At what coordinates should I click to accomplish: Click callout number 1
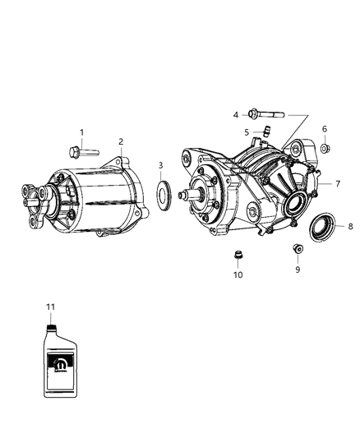[81, 132]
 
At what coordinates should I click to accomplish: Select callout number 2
[121, 141]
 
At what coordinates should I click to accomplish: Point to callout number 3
[160, 167]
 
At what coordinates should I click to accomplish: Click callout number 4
[234, 114]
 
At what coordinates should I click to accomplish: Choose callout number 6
[324, 129]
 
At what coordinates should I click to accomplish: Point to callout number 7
[337, 183]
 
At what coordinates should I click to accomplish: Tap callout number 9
[298, 268]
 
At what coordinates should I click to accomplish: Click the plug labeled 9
[297, 249]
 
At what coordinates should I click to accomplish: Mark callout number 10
[238, 275]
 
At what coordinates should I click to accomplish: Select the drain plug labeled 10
[238, 256]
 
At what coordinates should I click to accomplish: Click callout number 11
[50, 306]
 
